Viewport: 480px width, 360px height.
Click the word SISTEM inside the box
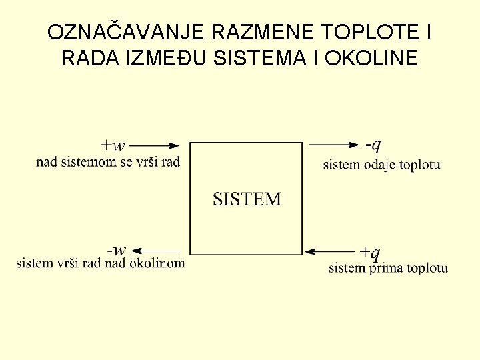point(247,199)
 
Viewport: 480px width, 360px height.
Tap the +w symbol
point(113,145)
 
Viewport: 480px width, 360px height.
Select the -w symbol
point(116,251)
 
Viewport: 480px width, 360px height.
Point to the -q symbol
point(373,144)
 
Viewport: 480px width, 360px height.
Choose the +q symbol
point(370,252)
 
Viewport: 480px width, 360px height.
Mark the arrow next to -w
point(159,251)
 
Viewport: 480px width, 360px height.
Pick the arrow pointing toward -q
point(336,144)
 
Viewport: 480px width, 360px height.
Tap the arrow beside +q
point(331,252)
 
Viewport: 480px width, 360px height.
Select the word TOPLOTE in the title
point(371,32)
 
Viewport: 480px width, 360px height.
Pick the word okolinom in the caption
point(159,263)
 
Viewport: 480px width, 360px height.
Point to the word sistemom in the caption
point(88,161)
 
